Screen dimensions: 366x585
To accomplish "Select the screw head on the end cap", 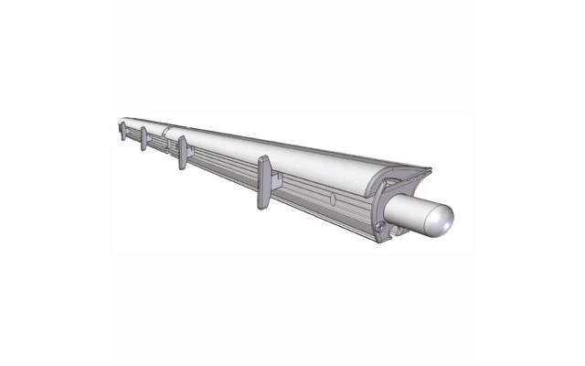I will click(377, 222).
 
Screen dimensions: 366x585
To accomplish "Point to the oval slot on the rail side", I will click(333, 199).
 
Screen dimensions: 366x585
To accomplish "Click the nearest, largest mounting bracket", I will click(263, 181).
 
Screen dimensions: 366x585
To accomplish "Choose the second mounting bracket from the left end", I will click(144, 138).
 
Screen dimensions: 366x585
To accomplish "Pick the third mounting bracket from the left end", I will click(183, 152).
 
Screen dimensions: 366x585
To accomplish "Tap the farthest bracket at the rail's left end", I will click(122, 130).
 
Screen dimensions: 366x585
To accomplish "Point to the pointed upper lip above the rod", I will click(426, 171).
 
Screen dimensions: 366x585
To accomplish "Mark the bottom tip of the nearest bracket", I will click(262, 206).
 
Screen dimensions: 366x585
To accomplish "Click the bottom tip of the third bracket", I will click(183, 167).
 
